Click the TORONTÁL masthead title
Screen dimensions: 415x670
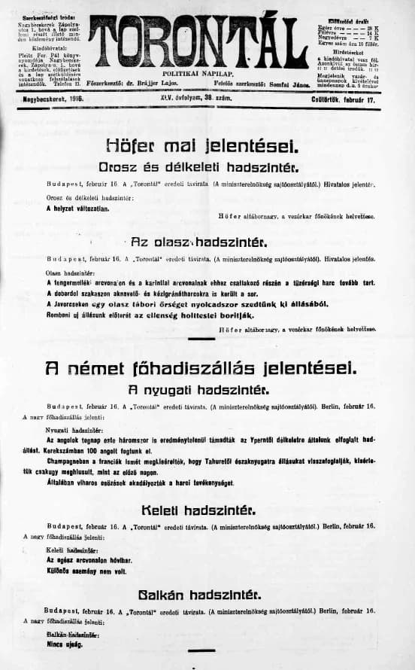196,42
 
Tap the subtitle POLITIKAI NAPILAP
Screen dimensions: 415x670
198,74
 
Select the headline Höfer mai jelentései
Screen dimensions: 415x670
197,143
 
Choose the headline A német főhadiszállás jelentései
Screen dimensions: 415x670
197,368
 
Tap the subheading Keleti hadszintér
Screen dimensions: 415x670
197,510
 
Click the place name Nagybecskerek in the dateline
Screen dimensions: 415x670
42,99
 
